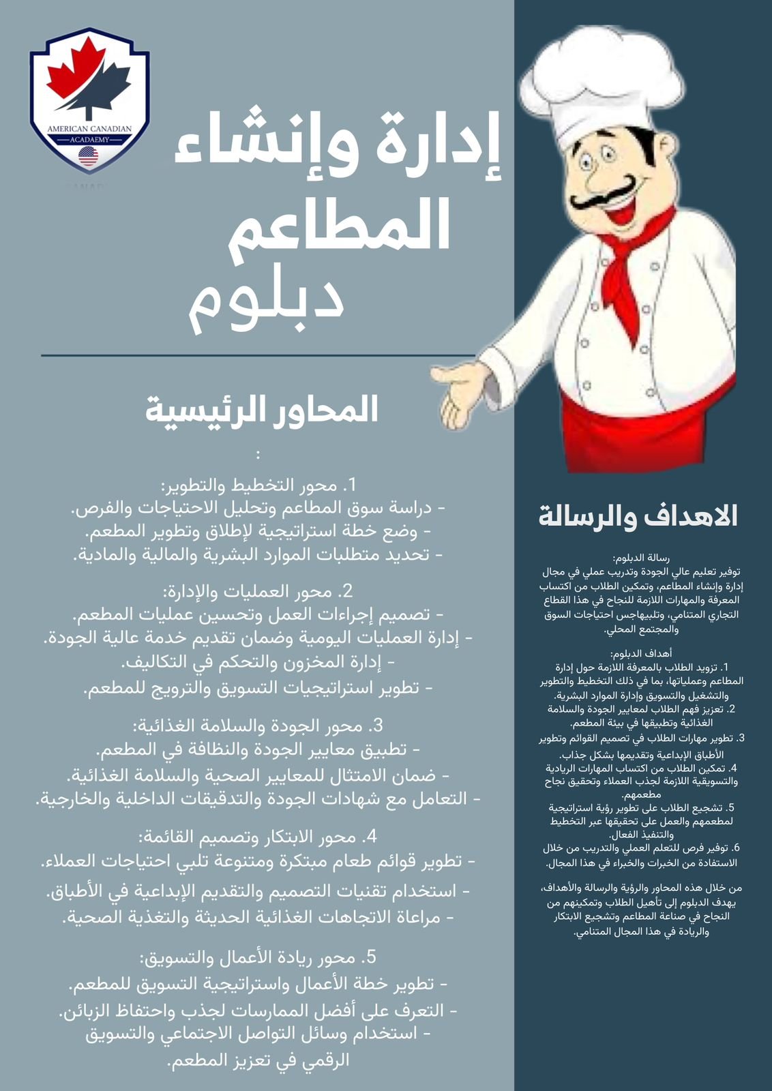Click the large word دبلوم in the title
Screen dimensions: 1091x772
[x=266, y=301]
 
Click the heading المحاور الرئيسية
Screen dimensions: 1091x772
[x=262, y=410]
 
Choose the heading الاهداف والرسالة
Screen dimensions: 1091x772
[x=638, y=516]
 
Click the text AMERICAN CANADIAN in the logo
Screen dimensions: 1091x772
[x=89, y=128]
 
